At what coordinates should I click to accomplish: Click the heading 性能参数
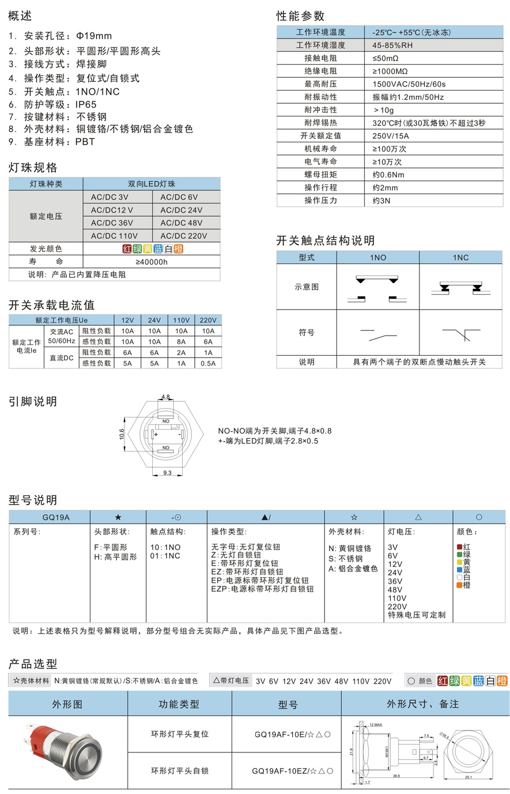coord(300,16)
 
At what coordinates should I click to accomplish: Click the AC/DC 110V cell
coord(114,235)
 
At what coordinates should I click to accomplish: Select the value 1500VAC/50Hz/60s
coord(409,84)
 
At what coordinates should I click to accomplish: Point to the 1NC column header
coord(460,257)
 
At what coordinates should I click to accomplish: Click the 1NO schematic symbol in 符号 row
coord(377,333)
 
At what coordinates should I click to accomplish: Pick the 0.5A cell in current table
coord(208,363)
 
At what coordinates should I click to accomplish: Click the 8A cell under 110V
coord(181,341)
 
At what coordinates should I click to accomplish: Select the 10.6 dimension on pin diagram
coord(122,434)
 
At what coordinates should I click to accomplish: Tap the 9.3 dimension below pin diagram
coord(167,473)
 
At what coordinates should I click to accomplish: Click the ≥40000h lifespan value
coord(152,262)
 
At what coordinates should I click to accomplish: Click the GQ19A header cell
coord(56,517)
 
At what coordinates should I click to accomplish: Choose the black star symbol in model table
coord(118,517)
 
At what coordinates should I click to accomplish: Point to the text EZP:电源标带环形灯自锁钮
coord(262,589)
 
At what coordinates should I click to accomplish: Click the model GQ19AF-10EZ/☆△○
coord(292,770)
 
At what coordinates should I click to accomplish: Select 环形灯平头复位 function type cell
coord(180,734)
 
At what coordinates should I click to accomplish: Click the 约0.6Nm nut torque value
coord(388,174)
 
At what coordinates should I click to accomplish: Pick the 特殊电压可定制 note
coord(417,615)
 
